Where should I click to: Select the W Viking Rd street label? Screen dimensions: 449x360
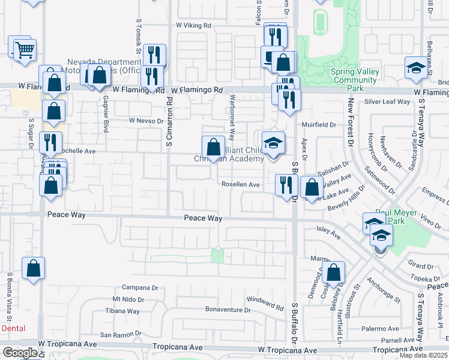tap(194, 26)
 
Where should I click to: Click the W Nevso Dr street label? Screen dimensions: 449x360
tap(146, 121)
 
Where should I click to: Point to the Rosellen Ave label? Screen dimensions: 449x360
tap(240, 185)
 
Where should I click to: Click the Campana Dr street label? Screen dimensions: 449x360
tap(140, 287)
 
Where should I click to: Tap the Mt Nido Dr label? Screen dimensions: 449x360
tap(128, 299)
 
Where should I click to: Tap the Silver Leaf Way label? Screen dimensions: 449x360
tap(387, 101)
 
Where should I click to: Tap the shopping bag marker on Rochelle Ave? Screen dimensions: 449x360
tap(213, 147)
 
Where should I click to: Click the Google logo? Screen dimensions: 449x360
tap(20, 353)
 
